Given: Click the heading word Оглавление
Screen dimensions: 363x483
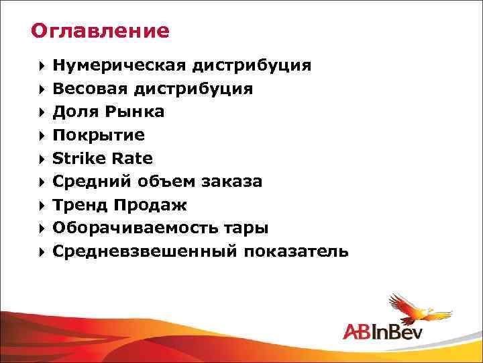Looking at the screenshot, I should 101,31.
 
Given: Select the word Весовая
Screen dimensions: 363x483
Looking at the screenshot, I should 91,89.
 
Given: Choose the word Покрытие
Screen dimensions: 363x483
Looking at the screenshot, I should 99,135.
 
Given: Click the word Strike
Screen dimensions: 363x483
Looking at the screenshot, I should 75,159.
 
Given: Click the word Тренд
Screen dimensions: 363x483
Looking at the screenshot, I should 80,205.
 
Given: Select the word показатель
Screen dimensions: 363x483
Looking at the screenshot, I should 297,251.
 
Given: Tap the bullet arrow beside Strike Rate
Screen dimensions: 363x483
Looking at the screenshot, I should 42,159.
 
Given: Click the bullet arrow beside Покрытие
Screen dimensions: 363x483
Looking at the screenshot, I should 42,136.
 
